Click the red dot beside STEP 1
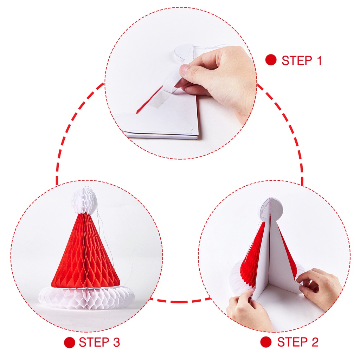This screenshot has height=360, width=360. pos(271,60)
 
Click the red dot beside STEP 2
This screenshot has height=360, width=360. pos(266,342)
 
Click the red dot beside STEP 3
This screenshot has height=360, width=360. pos(70,342)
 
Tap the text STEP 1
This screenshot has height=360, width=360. pos(302,60)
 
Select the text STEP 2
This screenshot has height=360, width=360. pos(298,342)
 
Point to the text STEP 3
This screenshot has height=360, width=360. pos(99,342)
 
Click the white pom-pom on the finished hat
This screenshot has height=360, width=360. pos(84,201)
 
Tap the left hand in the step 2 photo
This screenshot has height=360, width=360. pos(248,311)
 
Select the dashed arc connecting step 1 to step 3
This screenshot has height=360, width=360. pos(72,130)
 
